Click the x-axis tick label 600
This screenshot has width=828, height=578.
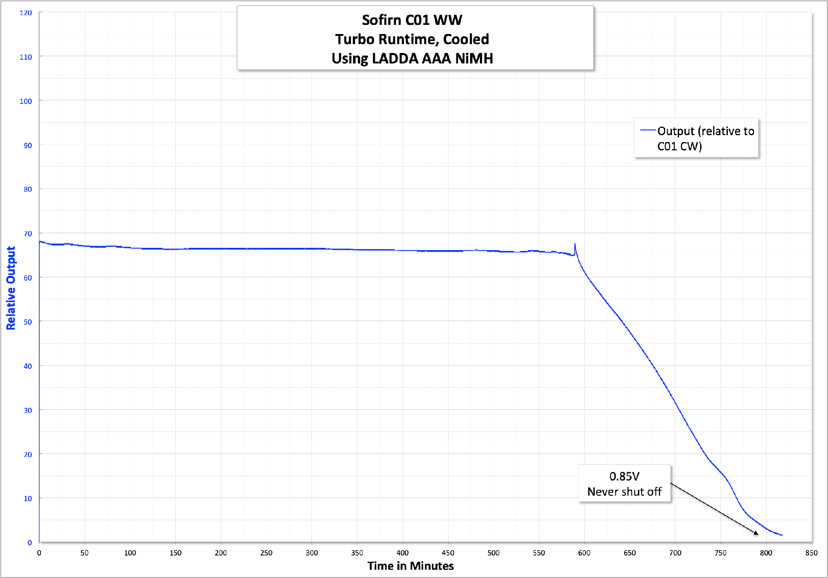[584, 553]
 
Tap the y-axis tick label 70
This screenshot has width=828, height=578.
[28, 234]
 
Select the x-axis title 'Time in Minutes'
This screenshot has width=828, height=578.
[410, 566]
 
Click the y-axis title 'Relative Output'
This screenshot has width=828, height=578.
[11, 288]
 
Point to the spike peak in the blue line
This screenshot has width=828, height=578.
[575, 244]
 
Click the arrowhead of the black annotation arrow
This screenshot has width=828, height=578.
[757, 533]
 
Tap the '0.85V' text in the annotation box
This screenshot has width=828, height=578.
[624, 476]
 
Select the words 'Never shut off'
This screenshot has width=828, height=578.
[624, 492]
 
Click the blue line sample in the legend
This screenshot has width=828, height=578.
[648, 131]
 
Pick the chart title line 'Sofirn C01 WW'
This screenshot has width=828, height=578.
[412, 20]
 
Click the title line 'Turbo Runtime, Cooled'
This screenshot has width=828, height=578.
[412, 40]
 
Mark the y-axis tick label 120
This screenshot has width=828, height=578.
[26, 13]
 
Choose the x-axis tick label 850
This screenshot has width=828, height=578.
[811, 553]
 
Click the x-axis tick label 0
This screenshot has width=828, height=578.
[39, 553]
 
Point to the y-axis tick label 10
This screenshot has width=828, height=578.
[28, 498]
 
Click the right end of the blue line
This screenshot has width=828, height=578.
[782, 535]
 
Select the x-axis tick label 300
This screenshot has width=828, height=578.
[311, 553]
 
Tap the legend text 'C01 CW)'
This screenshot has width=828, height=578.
[679, 146]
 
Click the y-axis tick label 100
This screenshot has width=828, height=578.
[26, 101]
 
